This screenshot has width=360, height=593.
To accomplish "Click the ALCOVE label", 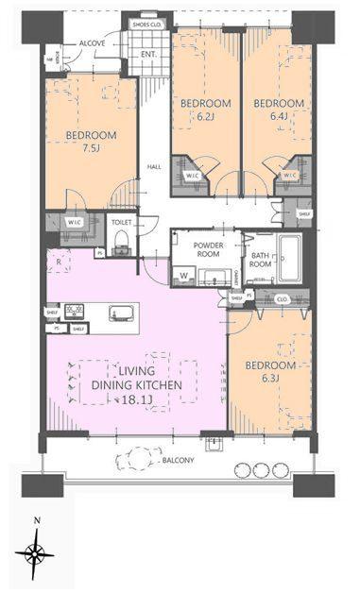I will tap(92, 43).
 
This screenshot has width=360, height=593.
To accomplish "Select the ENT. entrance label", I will tap(148, 55).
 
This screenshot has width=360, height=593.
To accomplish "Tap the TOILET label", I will tap(121, 225).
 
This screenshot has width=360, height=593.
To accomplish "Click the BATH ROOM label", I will tap(261, 260).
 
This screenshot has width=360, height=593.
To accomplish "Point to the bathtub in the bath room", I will tap(288, 256).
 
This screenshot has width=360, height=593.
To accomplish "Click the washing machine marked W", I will tap(183, 277).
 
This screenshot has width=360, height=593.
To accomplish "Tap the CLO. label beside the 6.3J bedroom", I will tap(282, 298).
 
